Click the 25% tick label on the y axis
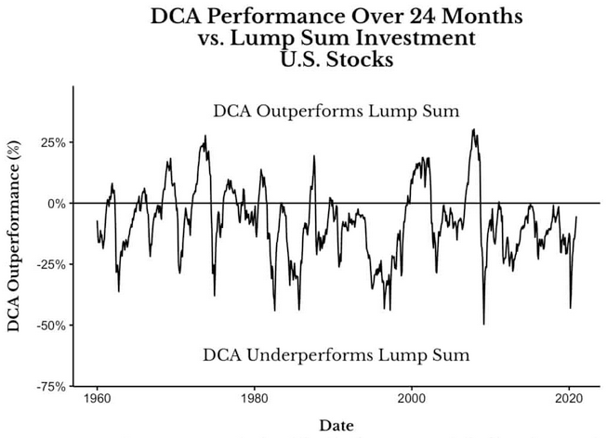pyautogui.click(x=53, y=142)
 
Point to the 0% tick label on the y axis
pyautogui.click(x=57, y=203)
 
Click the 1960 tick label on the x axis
pyautogui.click(x=98, y=399)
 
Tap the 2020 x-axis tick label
pyautogui.click(x=569, y=399)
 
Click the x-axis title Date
pyautogui.click(x=336, y=425)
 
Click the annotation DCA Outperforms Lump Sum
pyautogui.click(x=336, y=112)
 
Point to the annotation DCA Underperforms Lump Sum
pyautogui.click(x=336, y=354)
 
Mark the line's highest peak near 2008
pyautogui.click(x=473, y=129)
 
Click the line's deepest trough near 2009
pyautogui.click(x=483, y=324)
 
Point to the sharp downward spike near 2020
pyautogui.click(x=570, y=308)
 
